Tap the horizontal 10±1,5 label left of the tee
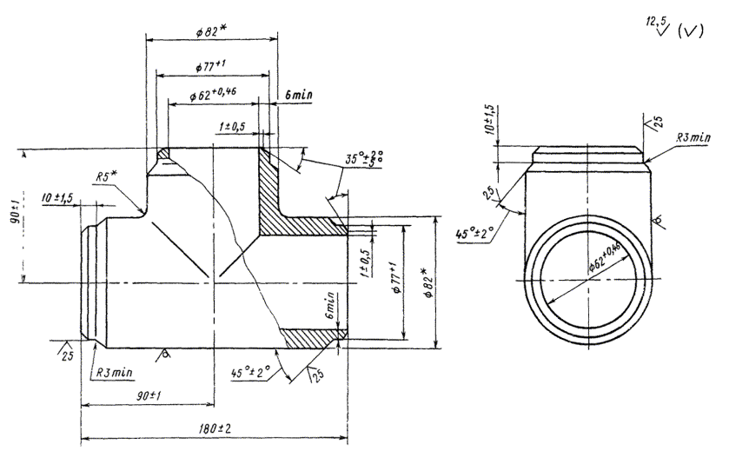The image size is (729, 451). (x=58, y=199)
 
